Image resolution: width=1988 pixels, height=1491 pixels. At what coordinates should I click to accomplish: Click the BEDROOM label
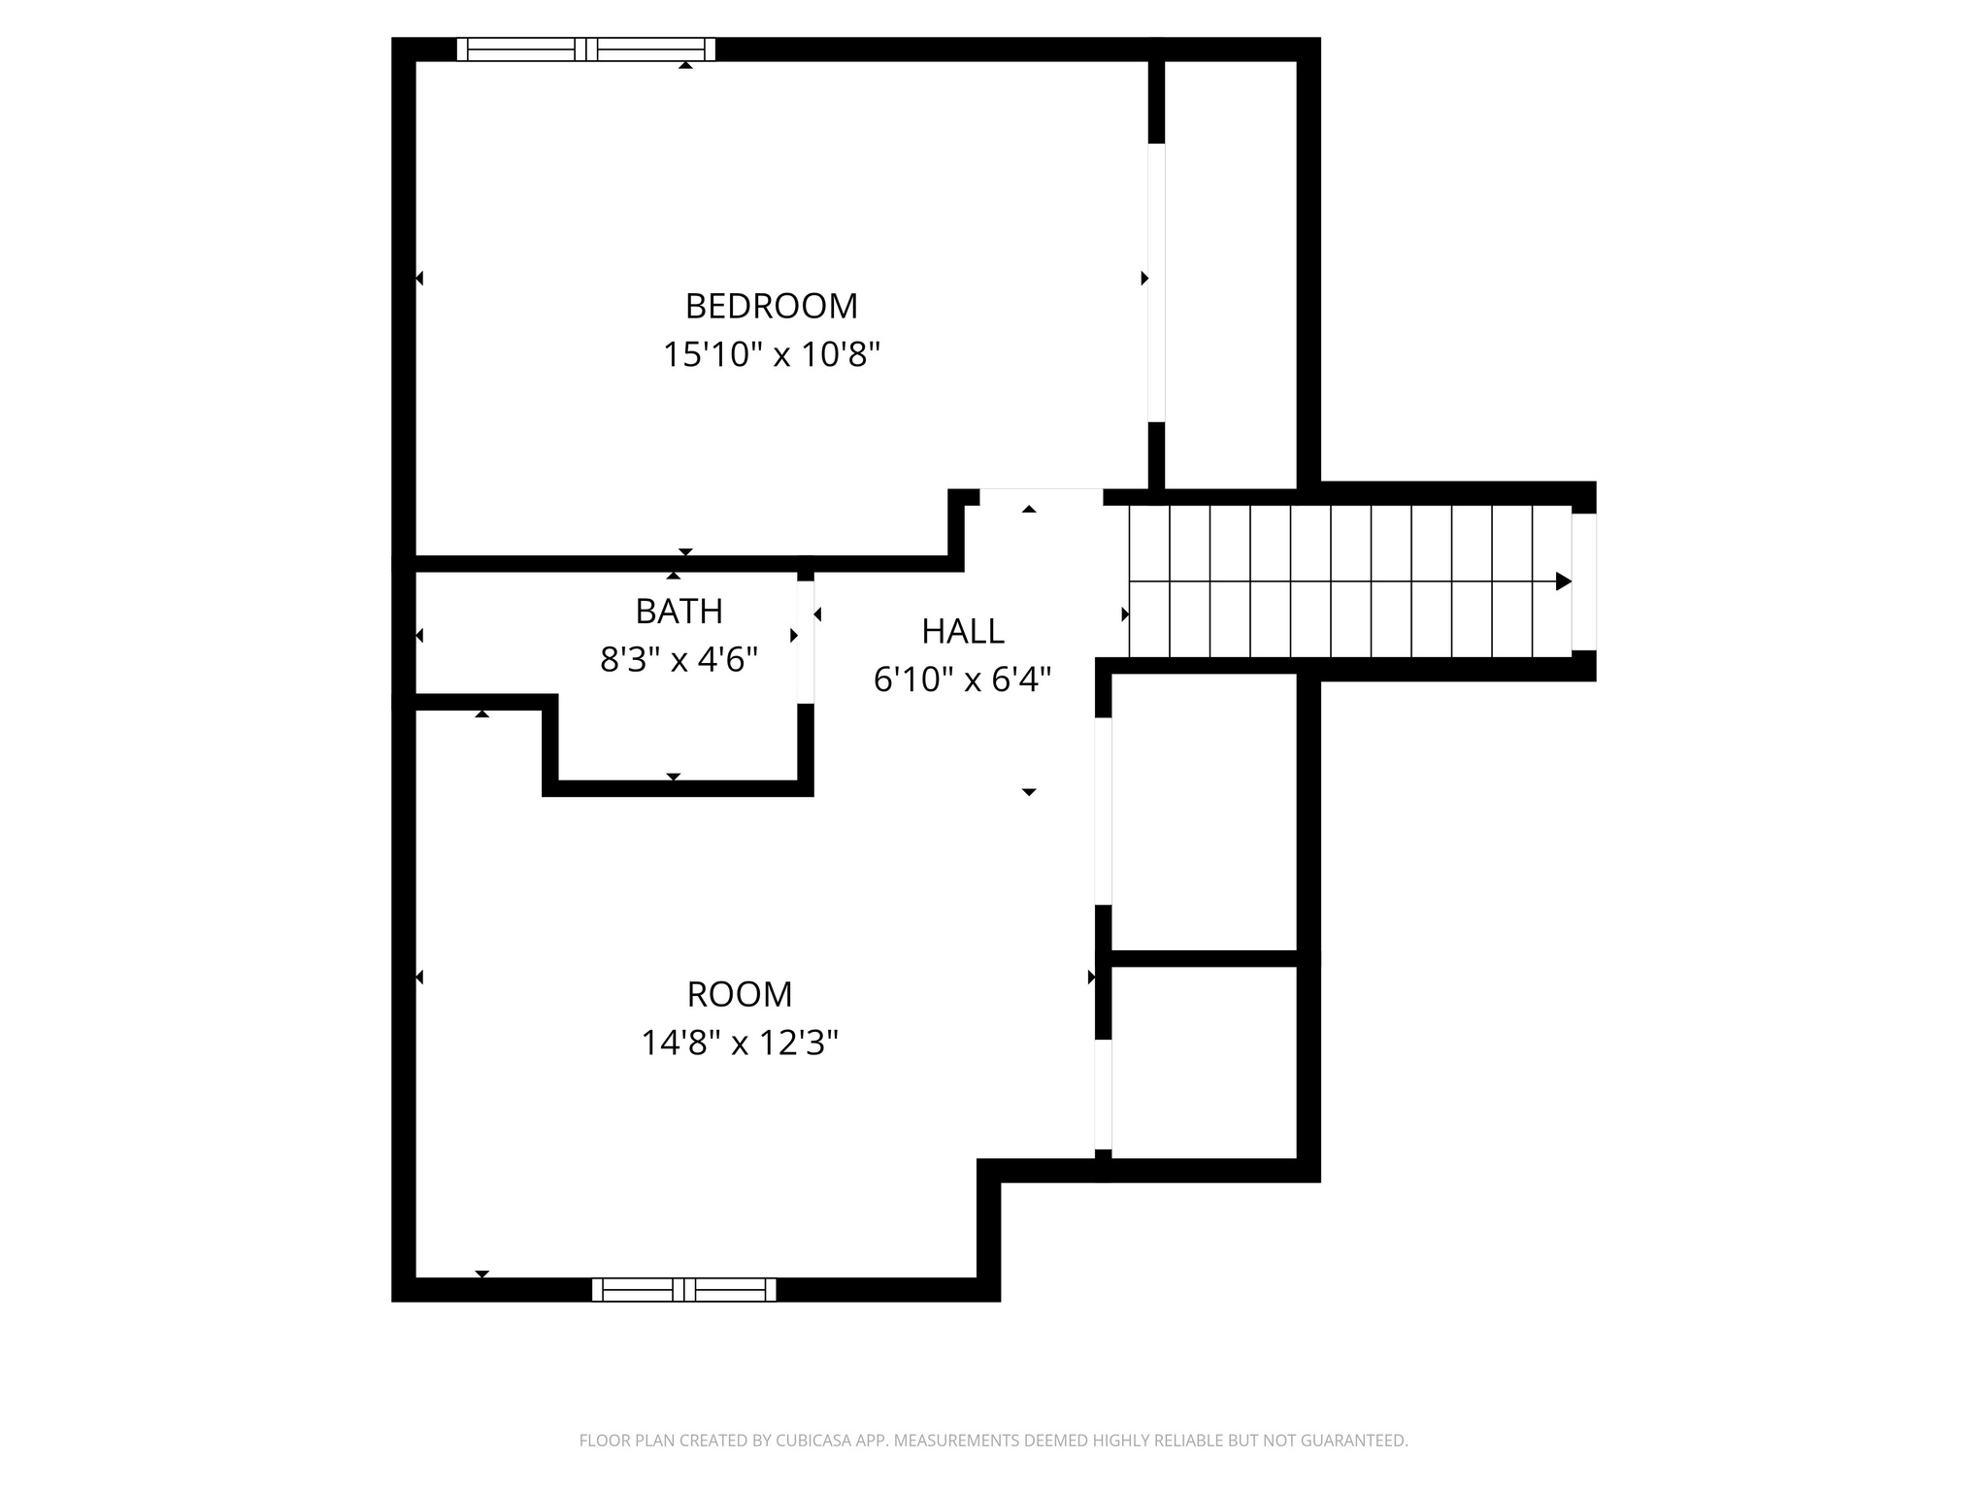click(772, 307)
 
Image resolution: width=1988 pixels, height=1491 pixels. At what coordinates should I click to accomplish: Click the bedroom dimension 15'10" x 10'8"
click(772, 355)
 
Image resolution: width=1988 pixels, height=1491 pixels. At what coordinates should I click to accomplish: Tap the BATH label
click(679, 612)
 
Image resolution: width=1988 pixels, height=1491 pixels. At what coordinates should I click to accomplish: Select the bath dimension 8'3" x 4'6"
click(679, 660)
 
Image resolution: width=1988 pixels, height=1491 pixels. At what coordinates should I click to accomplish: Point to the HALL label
click(962, 632)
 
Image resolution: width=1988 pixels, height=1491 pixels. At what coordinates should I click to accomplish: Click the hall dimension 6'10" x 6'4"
click(962, 679)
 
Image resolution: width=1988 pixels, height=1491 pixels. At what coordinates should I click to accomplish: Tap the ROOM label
click(740, 995)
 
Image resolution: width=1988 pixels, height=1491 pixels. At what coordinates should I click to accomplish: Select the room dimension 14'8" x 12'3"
click(740, 1044)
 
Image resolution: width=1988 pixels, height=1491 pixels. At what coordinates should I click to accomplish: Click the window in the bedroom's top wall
click(586, 50)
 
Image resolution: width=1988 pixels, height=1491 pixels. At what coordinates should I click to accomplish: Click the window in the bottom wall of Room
click(684, 1289)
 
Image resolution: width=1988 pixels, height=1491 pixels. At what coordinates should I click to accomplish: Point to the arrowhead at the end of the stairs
click(1563, 581)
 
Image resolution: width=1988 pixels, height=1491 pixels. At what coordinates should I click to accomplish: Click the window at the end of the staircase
click(1583, 581)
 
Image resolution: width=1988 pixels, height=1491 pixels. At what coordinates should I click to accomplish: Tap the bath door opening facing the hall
click(805, 642)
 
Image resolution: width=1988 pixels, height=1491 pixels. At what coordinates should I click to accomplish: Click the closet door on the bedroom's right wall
click(1156, 282)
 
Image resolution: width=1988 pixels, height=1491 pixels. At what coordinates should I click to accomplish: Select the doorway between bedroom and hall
click(1041, 497)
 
